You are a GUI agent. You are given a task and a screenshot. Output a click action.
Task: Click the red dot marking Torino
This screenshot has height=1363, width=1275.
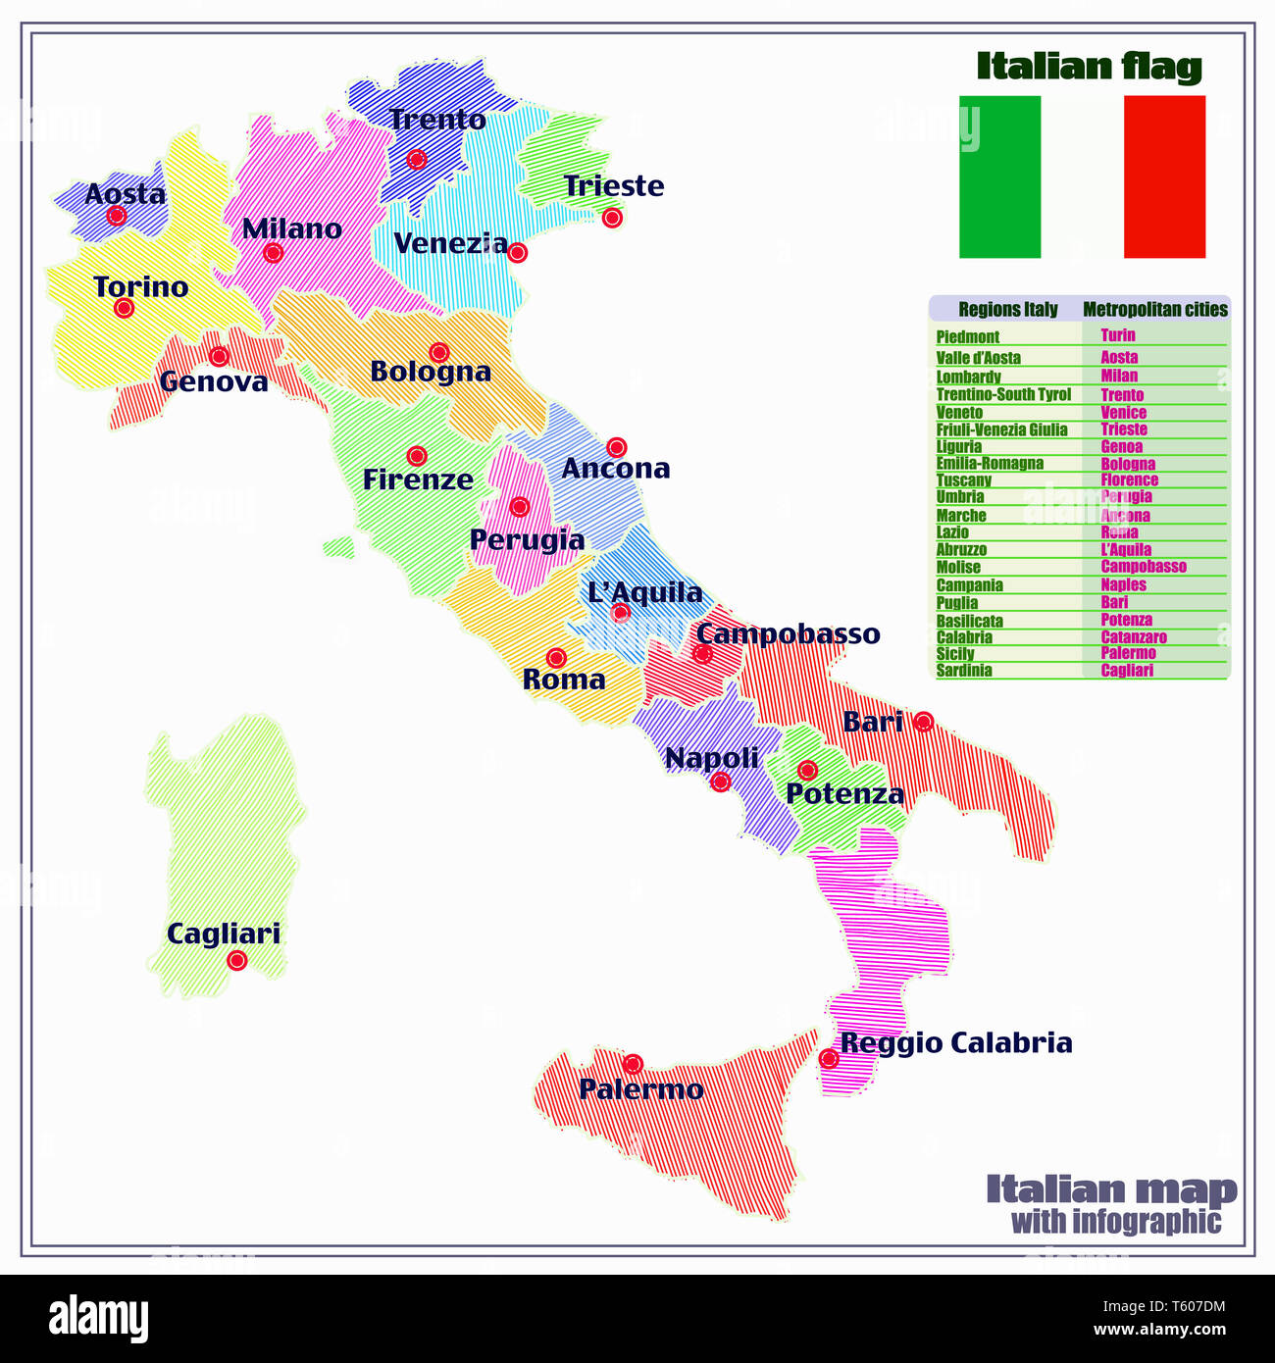tap(124, 308)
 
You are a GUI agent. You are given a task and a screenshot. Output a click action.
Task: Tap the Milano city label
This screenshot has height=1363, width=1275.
tap(291, 228)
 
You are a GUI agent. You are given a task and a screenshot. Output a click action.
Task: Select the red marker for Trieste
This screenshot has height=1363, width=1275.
tap(612, 218)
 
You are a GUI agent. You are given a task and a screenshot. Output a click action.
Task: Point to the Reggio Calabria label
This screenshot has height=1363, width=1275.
tap(956, 1042)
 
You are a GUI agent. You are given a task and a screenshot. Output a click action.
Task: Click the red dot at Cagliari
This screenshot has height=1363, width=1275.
tap(236, 960)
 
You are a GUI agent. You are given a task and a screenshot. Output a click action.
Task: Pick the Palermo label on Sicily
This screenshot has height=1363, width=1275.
tap(640, 1088)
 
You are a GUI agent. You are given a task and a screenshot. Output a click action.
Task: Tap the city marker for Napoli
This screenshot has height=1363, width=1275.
tap(721, 782)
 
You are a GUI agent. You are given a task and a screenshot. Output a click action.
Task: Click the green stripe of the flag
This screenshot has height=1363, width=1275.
tap(999, 177)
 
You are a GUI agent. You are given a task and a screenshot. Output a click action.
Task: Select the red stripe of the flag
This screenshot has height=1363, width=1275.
tap(1164, 177)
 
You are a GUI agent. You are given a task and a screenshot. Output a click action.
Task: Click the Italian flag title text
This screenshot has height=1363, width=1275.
tap(1089, 67)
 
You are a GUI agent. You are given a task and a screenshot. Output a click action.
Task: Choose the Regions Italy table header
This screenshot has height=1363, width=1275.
tap(1007, 310)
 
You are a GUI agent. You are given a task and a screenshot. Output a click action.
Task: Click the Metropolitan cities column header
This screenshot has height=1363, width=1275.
tap(1154, 310)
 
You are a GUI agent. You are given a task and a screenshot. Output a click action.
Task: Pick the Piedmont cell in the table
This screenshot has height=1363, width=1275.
tap(967, 336)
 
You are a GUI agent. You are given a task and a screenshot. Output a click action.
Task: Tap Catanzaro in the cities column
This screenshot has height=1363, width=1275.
tap(1134, 637)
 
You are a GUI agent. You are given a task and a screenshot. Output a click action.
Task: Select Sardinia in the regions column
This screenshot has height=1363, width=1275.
tap(964, 671)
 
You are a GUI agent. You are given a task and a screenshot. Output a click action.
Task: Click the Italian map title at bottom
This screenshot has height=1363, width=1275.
tap(1111, 1189)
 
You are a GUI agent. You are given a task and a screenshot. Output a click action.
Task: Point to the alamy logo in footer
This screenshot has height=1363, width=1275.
tap(98, 1318)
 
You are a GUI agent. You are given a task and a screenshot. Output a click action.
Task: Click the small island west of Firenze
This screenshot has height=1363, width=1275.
tap(338, 546)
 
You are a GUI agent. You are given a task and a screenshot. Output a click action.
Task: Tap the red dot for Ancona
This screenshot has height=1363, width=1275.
tap(616, 448)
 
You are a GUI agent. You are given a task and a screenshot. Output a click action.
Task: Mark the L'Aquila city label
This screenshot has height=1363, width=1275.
tap(644, 592)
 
